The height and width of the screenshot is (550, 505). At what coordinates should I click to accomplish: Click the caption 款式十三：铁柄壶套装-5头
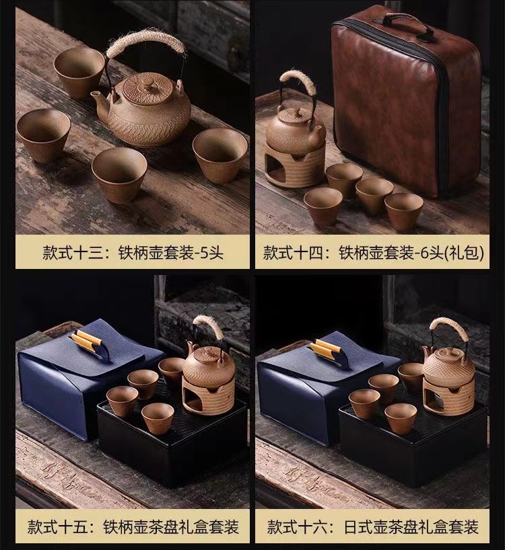[x=133, y=252]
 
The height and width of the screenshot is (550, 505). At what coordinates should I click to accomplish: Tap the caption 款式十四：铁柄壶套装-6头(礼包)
[x=374, y=253]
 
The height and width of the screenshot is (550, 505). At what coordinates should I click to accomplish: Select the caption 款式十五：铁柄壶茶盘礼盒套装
[x=133, y=527]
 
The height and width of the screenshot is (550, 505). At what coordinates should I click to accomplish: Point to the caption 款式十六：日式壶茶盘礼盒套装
[x=372, y=527]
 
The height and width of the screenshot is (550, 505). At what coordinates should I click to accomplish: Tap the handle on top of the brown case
[x=407, y=21]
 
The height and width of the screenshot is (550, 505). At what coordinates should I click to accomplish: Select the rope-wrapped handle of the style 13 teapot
[x=145, y=44]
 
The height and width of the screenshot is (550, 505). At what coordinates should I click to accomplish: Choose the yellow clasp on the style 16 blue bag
[x=327, y=348]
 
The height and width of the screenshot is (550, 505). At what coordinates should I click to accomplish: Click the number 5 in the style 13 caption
[x=204, y=253]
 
